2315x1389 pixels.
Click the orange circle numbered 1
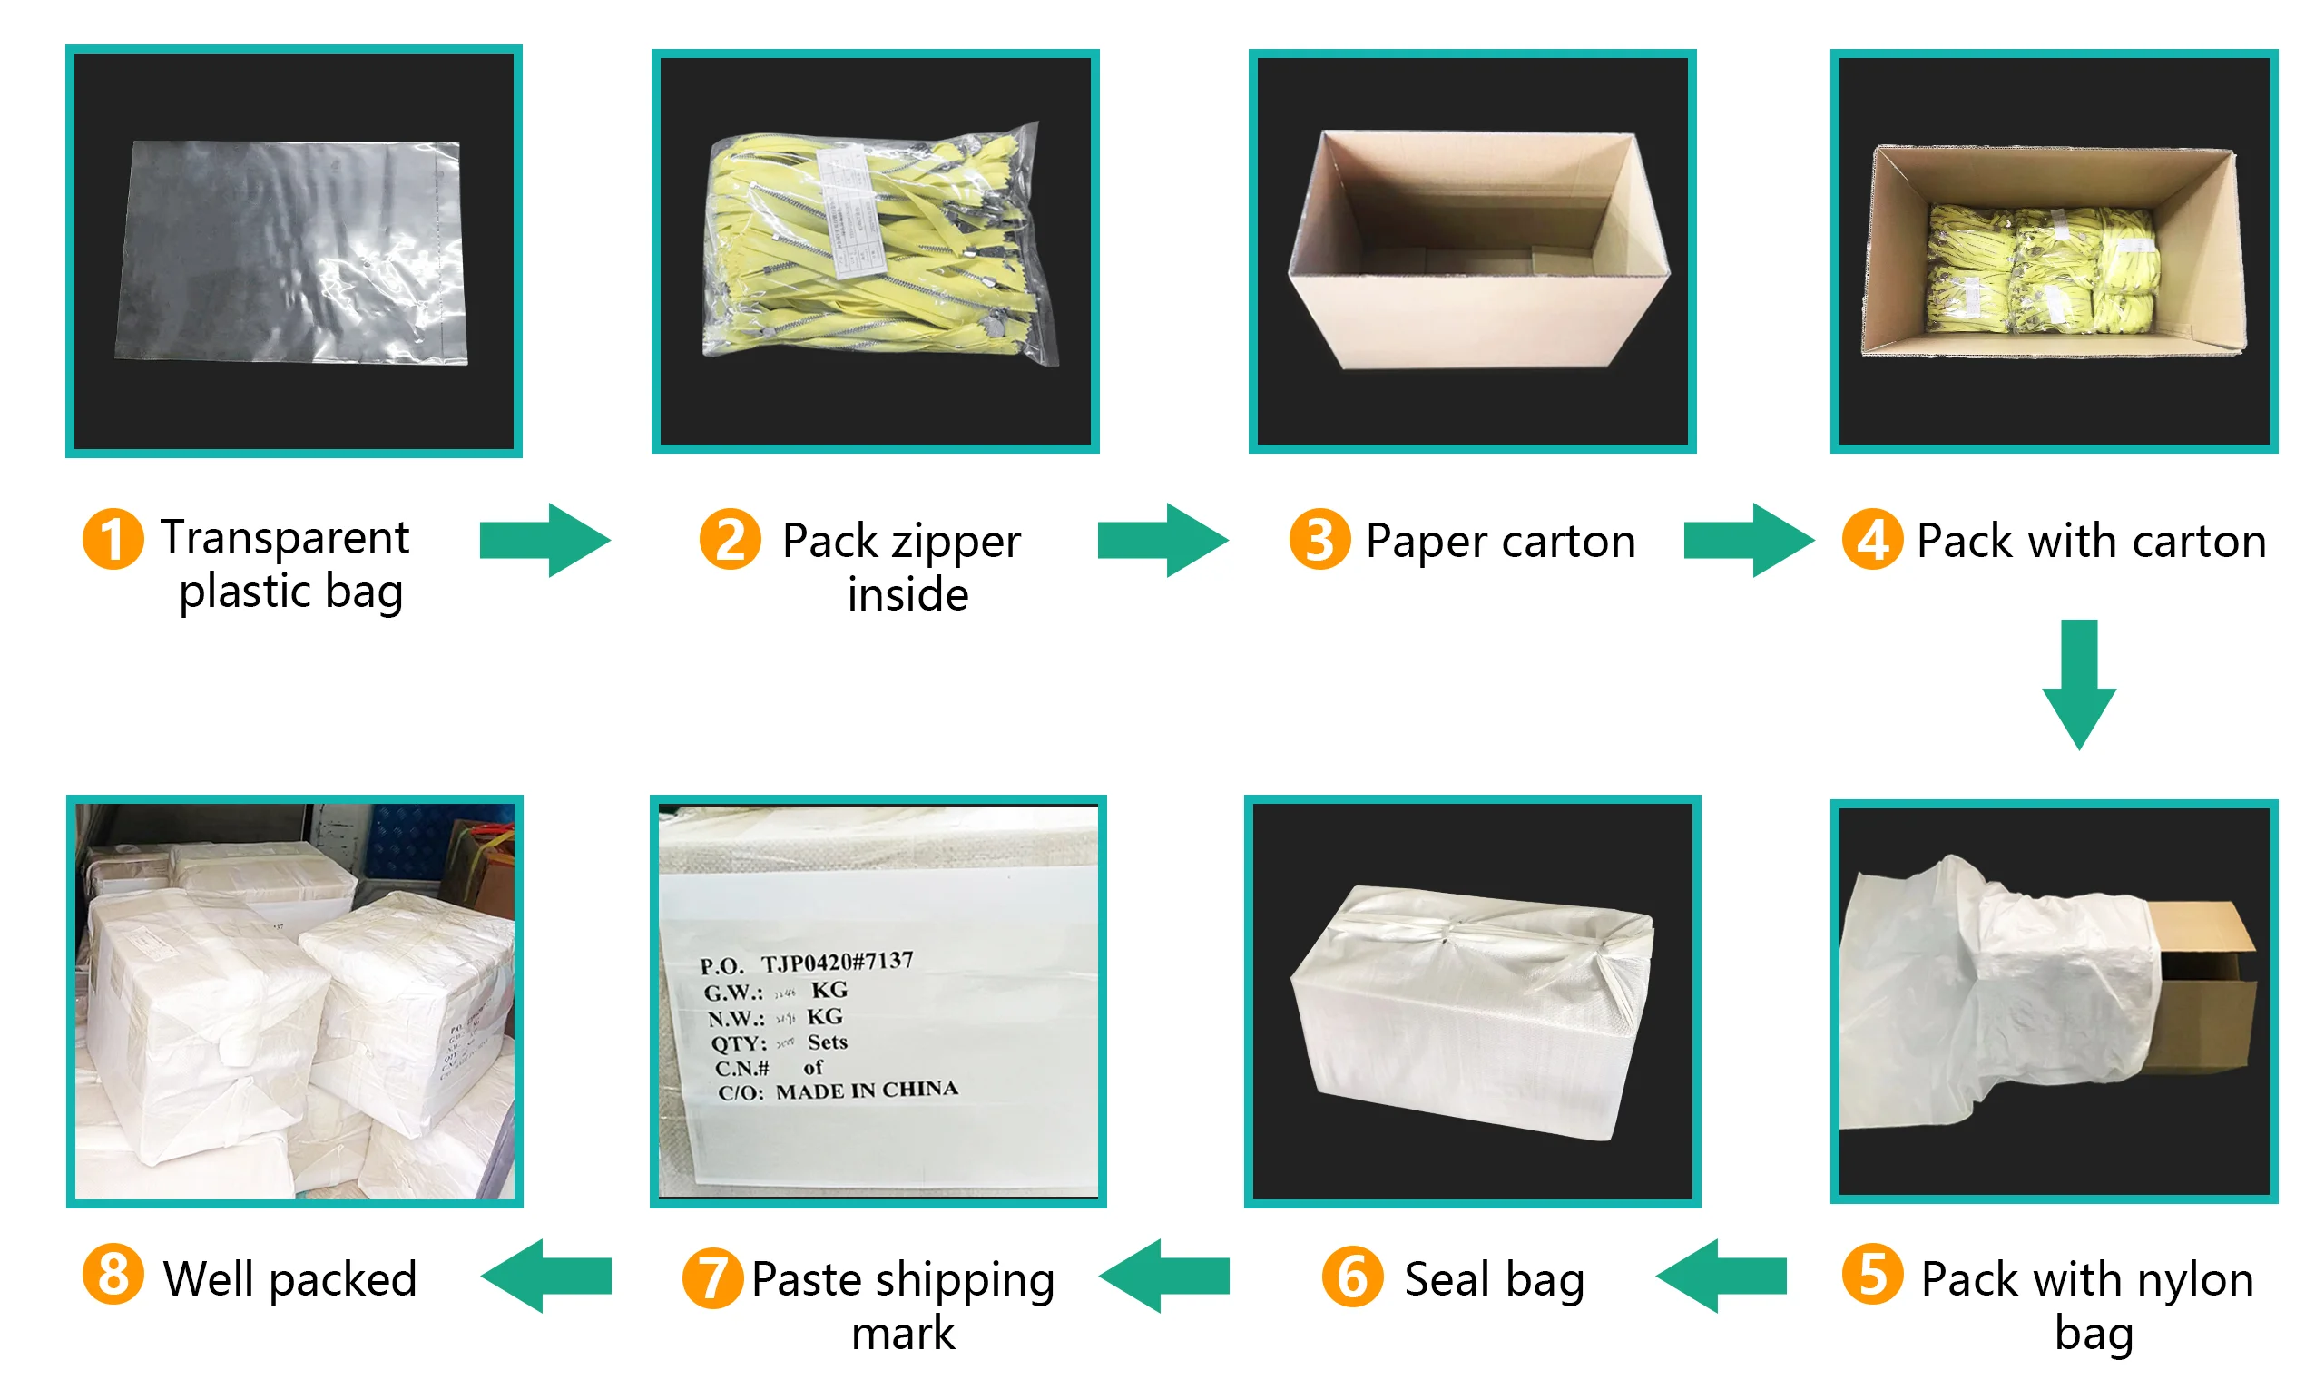(113, 539)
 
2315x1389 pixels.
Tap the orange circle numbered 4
(1871, 539)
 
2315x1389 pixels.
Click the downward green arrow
(2078, 683)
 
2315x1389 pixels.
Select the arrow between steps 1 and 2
(544, 540)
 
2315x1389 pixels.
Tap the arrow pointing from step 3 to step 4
(1747, 540)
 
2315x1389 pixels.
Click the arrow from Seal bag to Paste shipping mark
(1163, 1276)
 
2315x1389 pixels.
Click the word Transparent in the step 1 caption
(285, 537)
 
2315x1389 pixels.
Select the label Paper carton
(1500, 541)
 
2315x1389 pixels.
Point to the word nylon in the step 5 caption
(2197, 1280)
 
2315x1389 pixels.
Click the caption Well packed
(289, 1278)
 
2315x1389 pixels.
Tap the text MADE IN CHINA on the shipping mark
(866, 1091)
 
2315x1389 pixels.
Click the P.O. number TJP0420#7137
(836, 962)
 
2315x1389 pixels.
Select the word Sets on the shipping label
(828, 1042)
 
